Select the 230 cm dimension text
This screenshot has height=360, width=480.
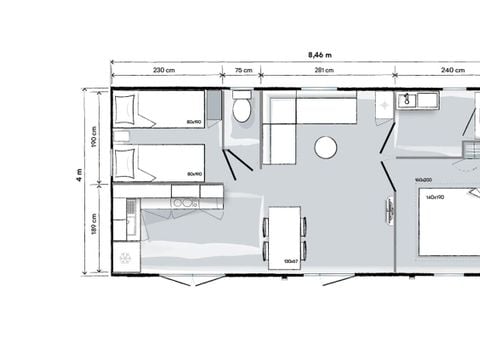[165, 70]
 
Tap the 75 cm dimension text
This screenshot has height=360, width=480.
[242, 70]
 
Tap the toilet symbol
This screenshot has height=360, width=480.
[242, 109]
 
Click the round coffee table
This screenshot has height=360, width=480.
[326, 148]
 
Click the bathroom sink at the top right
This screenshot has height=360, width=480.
[409, 101]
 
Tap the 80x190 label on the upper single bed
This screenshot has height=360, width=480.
[194, 122]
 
